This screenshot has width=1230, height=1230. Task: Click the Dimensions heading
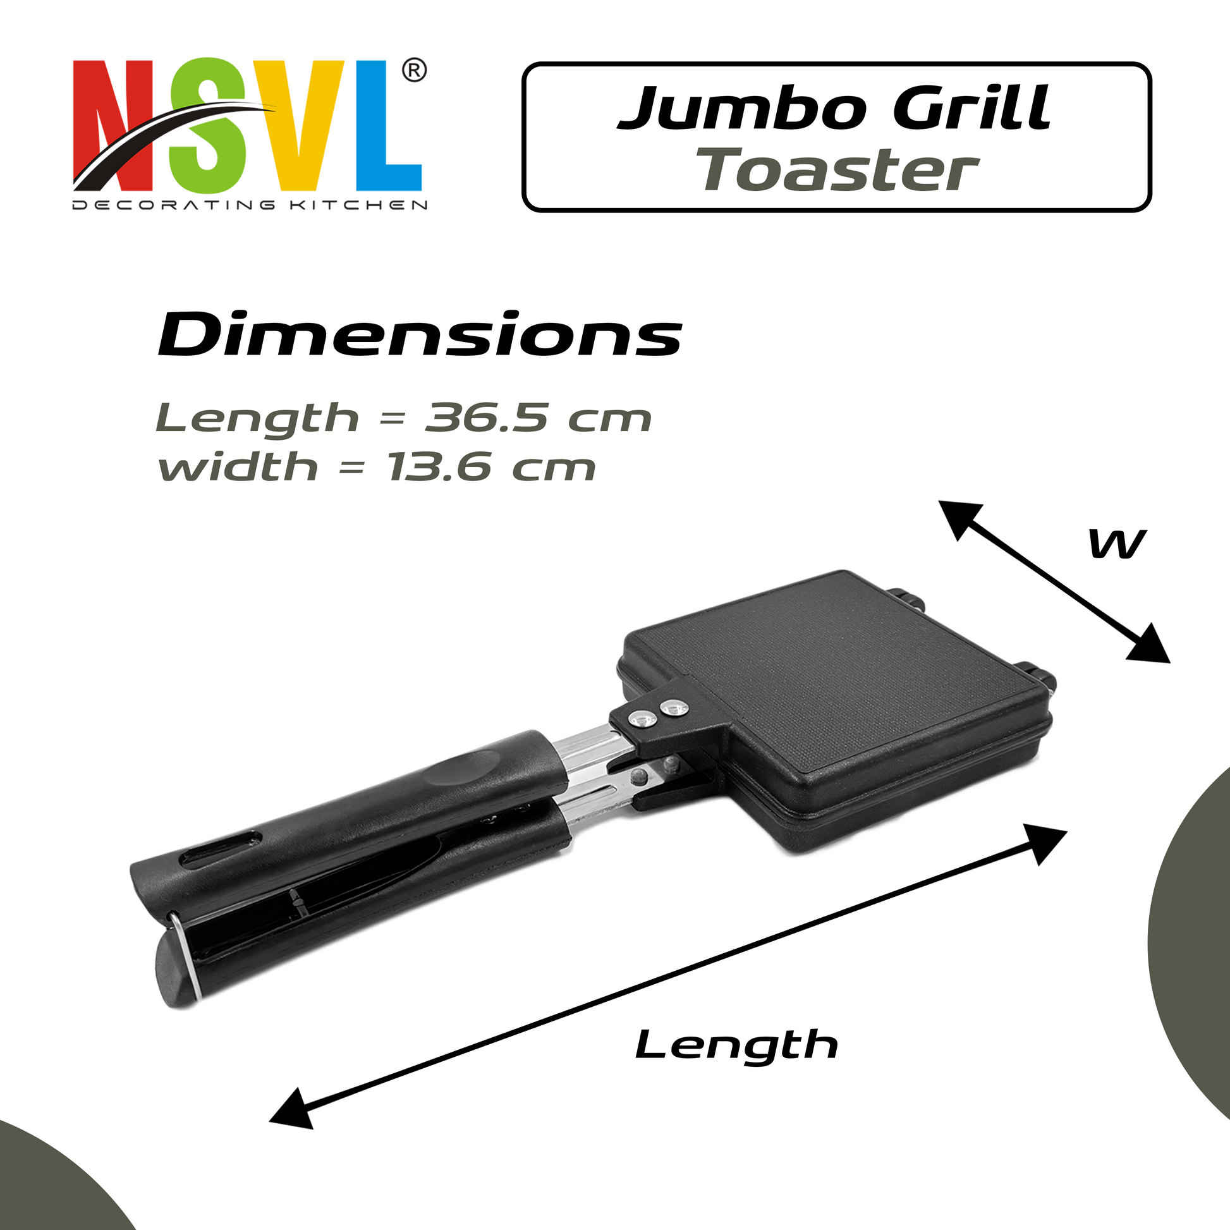click(x=420, y=335)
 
